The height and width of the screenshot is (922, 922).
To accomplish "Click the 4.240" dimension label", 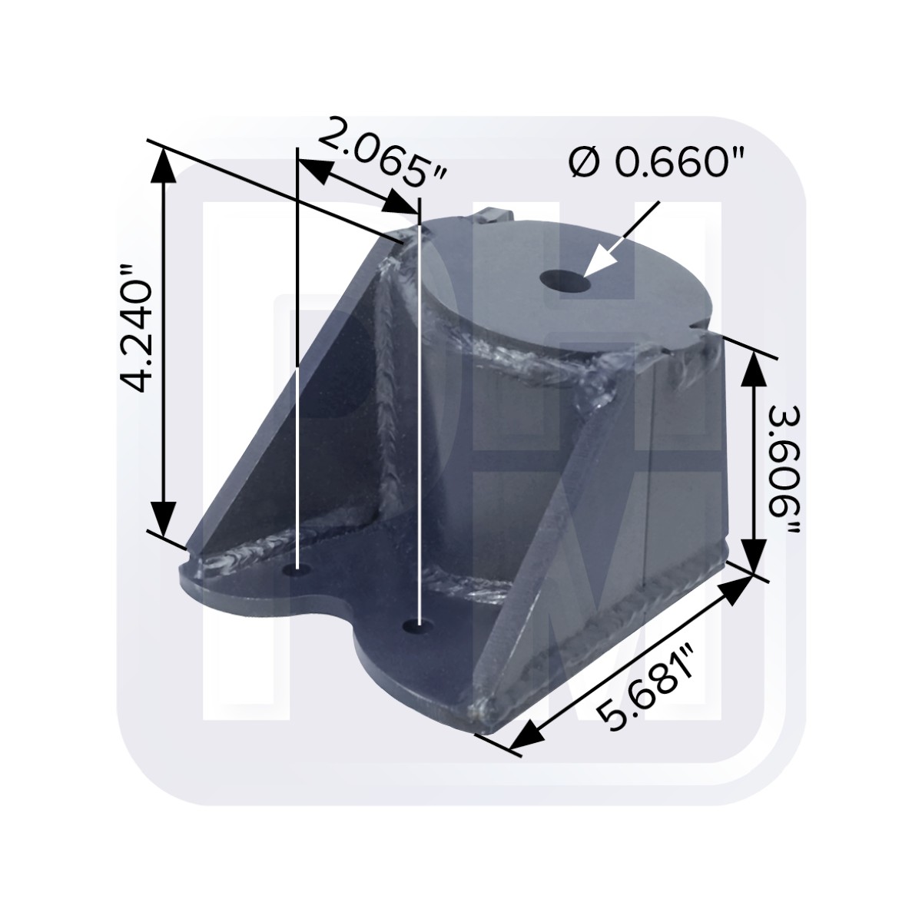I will point(137,327).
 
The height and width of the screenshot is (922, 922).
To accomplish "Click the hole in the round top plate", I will point(565,281).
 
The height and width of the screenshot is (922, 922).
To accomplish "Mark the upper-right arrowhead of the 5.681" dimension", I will point(738,586).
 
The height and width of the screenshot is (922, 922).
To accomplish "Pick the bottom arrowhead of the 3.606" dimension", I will point(753,558).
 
